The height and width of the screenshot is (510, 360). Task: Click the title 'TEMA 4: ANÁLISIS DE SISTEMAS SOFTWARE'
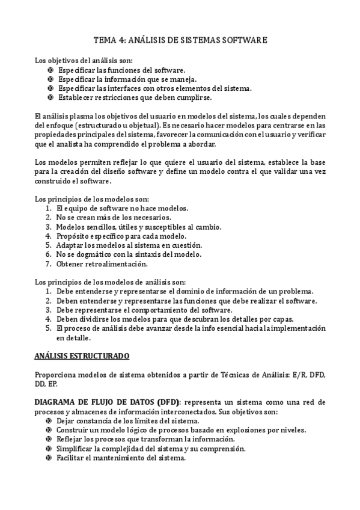(x=180, y=40)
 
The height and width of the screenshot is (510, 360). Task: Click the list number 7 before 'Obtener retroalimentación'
(x=48, y=263)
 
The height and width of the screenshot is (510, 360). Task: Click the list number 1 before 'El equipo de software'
(x=48, y=209)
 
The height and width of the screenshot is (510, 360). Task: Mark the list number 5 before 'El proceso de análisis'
(x=48, y=328)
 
